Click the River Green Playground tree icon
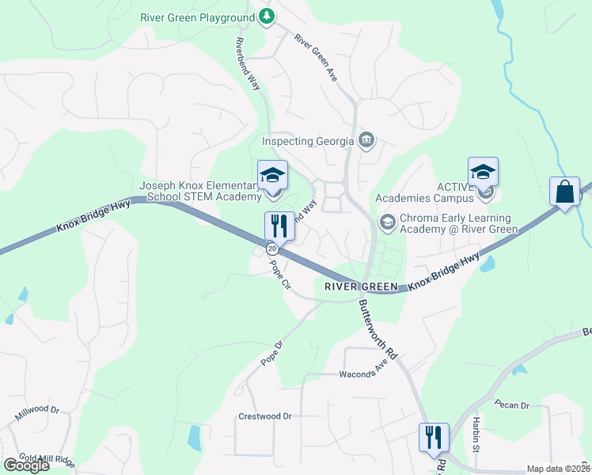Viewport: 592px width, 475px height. [268, 17]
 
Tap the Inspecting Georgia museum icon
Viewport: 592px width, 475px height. [366, 141]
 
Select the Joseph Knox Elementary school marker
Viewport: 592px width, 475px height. [272, 176]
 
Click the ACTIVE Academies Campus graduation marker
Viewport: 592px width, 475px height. [483, 173]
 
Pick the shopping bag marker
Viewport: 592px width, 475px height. [565, 192]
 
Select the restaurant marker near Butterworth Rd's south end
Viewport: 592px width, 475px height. [434, 437]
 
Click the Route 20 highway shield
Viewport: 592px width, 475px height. [272, 249]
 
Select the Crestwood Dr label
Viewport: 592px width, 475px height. [265, 416]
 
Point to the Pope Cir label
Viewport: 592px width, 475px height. [282, 276]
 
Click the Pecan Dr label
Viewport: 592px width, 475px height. [511, 405]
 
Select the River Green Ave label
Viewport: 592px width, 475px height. [316, 57]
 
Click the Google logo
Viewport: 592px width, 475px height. [27, 465]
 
